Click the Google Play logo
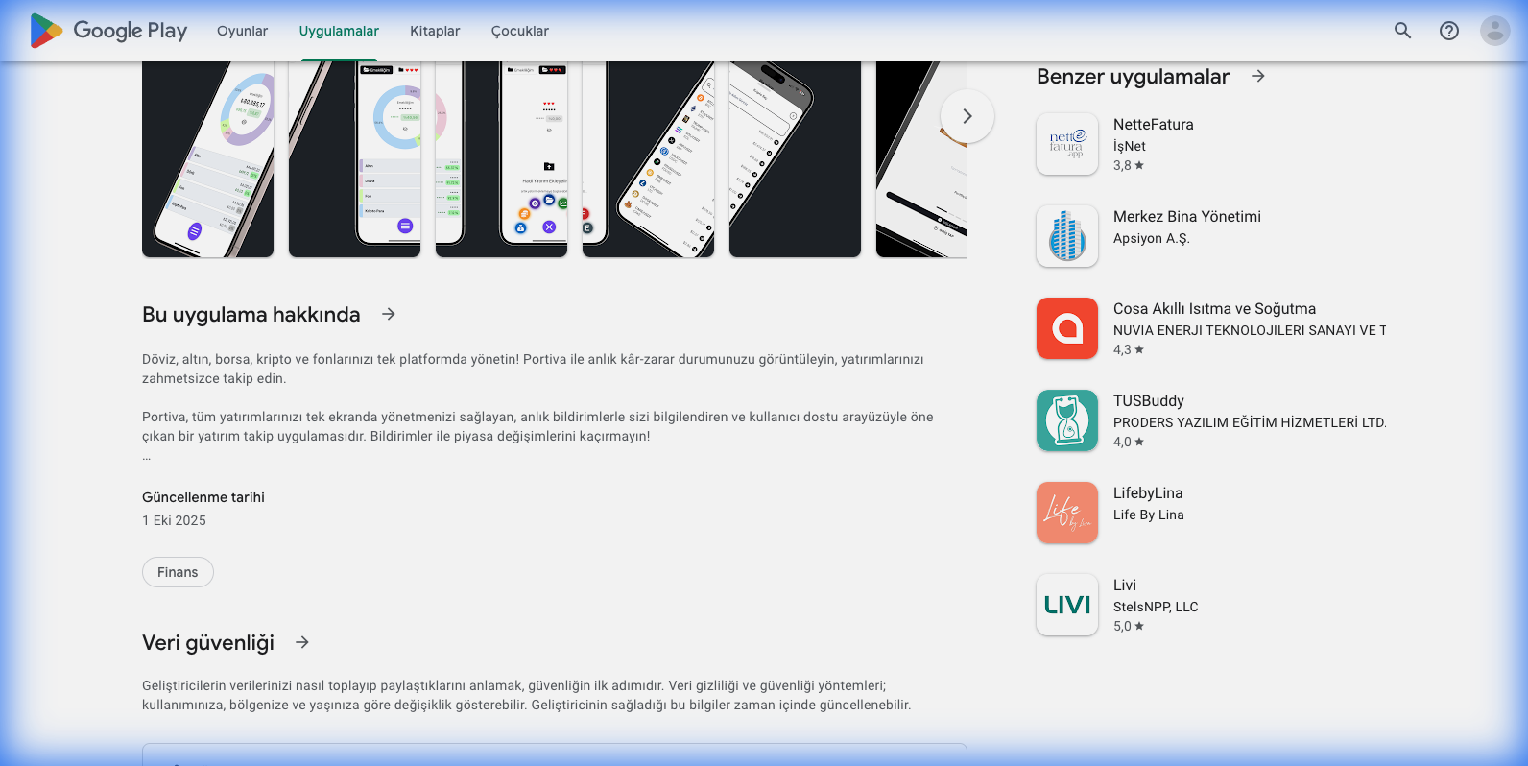[x=107, y=31]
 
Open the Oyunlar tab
[x=242, y=31]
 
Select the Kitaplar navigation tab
[x=435, y=31]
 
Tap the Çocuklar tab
[x=519, y=31]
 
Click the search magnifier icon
[x=1402, y=31]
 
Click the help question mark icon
[x=1448, y=31]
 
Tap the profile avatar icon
[x=1494, y=31]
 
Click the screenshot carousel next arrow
[x=967, y=116]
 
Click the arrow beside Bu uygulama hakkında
[x=389, y=314]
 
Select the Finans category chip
[x=178, y=572]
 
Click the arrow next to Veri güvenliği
[x=302, y=642]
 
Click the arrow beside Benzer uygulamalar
[x=1258, y=76]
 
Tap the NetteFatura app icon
[x=1066, y=144]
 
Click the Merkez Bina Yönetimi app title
[x=1186, y=217]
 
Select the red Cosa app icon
[x=1066, y=328]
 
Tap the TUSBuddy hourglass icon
[x=1066, y=420]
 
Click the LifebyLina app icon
[x=1066, y=513]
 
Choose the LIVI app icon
[x=1066, y=605]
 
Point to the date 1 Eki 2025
[x=174, y=520]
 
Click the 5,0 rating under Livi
[x=1128, y=626]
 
